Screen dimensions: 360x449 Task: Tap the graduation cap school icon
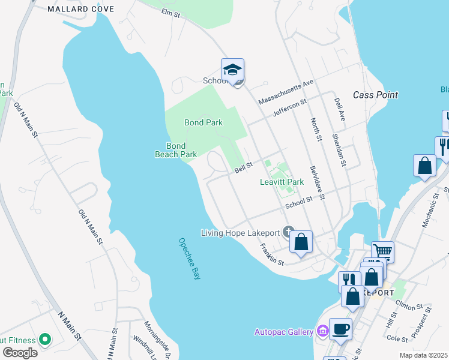tap(232, 70)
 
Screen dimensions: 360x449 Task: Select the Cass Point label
tap(375, 95)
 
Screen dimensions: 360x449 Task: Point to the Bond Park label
tap(203, 122)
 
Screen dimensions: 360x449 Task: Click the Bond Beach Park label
tap(175, 150)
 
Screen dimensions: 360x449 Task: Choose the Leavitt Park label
tap(282, 182)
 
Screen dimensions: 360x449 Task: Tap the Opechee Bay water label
tap(188, 259)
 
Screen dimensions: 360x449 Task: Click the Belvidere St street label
tap(318, 182)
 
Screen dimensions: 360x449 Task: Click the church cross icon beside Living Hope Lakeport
tap(288, 232)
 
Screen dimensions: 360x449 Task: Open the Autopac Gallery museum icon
tap(322, 331)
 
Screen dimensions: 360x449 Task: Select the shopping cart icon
tap(382, 251)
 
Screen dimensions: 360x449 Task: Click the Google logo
tap(19, 353)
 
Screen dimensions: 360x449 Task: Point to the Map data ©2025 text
tap(424, 355)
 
